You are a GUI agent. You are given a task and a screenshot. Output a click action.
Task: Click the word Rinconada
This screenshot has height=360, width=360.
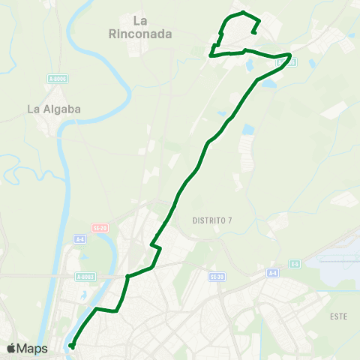[x=140, y=34]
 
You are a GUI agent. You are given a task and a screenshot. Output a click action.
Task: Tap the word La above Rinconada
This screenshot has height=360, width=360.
[x=139, y=21]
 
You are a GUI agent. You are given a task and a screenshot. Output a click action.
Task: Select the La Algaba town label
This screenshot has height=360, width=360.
[x=53, y=109]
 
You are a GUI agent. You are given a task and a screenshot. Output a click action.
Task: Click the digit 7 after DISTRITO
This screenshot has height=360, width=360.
[x=229, y=219]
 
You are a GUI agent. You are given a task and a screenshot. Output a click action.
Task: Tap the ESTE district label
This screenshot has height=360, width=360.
[x=339, y=316]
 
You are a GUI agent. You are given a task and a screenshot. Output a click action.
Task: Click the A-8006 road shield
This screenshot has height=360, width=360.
[x=56, y=77]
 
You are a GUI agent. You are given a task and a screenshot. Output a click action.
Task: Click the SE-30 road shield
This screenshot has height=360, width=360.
[x=217, y=276]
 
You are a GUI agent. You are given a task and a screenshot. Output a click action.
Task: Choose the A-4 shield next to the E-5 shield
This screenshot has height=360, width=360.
[x=271, y=274]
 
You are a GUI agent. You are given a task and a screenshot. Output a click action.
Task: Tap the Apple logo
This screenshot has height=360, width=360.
[x=11, y=349]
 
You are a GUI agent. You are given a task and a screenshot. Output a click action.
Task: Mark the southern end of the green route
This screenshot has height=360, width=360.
[x=72, y=346]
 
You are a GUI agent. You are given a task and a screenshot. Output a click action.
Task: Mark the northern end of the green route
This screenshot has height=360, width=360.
[x=256, y=31]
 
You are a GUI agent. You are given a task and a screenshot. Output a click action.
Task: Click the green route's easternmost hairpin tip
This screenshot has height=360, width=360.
[x=291, y=55]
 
